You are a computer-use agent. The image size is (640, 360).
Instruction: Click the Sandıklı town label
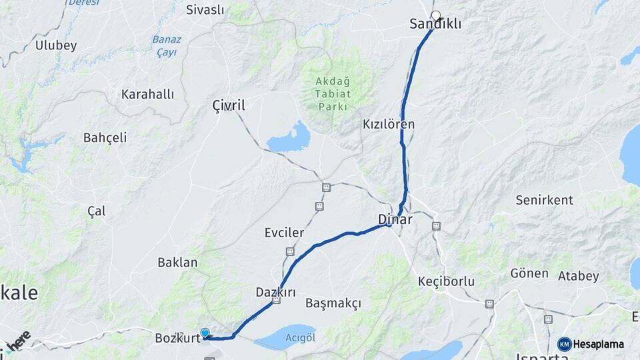click(435, 25)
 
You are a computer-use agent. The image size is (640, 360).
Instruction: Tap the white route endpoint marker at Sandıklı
click(436, 15)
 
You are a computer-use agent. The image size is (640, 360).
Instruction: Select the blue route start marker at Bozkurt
click(205, 333)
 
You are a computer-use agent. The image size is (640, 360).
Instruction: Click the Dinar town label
click(395, 219)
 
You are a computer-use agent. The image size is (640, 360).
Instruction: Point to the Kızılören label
click(389, 124)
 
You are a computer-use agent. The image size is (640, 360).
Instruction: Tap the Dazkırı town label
click(275, 292)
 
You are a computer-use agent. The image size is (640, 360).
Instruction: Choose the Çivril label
click(229, 105)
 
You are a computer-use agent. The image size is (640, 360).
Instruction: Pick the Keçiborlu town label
click(446, 281)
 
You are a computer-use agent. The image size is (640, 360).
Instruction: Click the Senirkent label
click(544, 200)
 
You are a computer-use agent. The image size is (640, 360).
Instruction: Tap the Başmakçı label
click(333, 303)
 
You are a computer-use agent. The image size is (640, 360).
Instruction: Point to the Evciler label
click(284, 233)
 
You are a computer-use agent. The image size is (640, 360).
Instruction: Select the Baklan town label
click(177, 263)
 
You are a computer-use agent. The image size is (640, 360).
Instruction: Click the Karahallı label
click(147, 95)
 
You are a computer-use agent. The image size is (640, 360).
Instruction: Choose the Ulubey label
click(56, 46)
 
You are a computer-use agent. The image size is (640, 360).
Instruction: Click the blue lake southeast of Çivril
click(289, 138)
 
